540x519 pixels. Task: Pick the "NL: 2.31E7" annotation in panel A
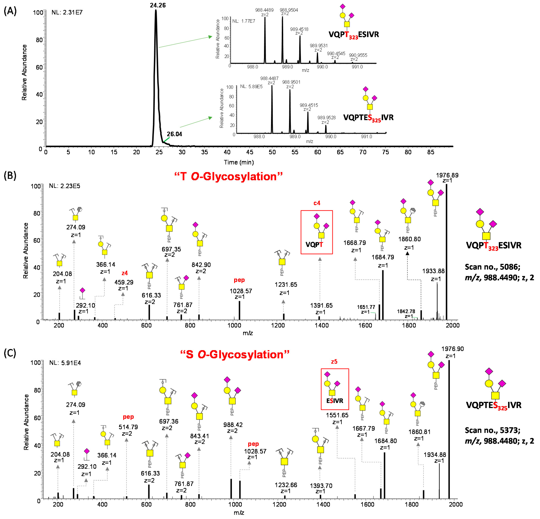coord(67,12)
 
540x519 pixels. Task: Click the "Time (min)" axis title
coord(239,162)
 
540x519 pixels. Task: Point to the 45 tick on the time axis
coord(250,152)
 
